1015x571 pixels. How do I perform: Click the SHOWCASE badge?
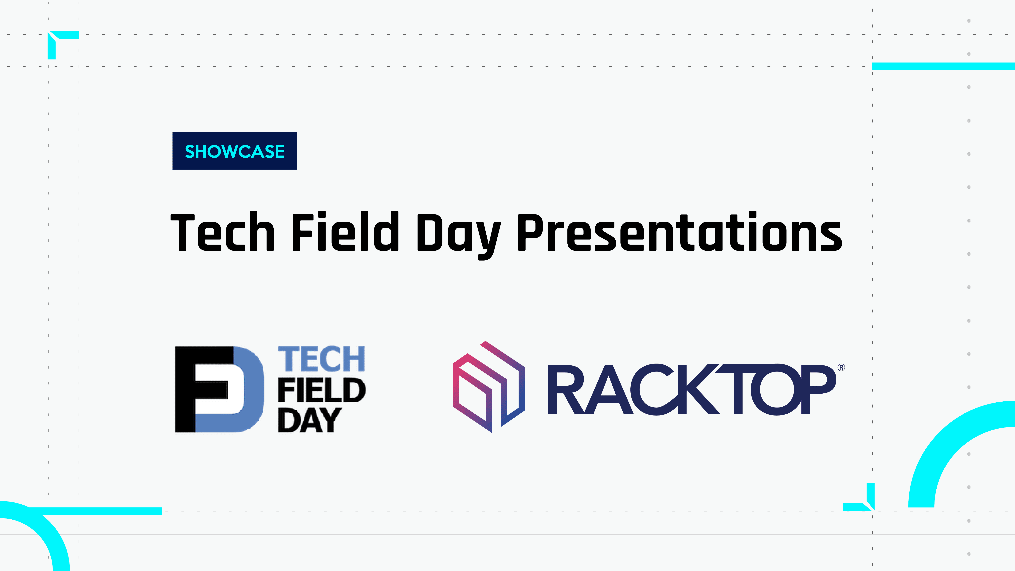point(235,151)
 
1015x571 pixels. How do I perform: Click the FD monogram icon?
point(219,389)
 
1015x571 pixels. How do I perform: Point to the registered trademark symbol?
point(841,367)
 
